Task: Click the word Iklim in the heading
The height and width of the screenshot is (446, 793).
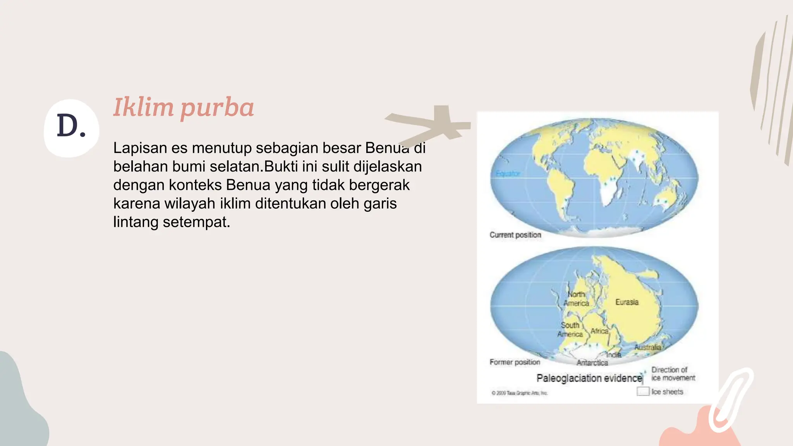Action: point(143,107)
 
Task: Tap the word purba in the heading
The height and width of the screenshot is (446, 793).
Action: point(217,108)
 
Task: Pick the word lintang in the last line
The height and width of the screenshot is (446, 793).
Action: point(136,222)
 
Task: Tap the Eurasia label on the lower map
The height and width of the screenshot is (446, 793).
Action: point(627,302)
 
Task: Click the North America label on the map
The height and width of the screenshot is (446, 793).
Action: point(576,299)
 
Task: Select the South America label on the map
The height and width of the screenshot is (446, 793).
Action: point(570,329)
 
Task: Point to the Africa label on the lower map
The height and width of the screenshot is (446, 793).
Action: point(599,331)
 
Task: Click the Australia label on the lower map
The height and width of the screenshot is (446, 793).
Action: point(647,347)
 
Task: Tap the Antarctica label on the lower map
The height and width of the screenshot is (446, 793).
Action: point(592,363)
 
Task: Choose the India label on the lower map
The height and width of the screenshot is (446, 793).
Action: point(614,355)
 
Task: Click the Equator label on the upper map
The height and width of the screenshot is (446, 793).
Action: point(508,173)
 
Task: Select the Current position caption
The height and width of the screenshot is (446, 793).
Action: point(515,235)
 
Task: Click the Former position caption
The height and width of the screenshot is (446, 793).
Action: point(515,362)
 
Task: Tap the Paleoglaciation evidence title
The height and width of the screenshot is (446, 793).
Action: point(589,378)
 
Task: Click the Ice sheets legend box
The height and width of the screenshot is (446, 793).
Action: point(643,391)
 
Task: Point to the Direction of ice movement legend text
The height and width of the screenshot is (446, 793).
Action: point(673,374)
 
